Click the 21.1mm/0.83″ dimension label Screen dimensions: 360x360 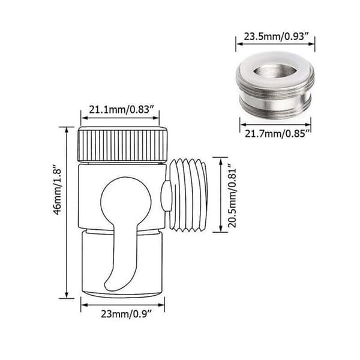[121, 110]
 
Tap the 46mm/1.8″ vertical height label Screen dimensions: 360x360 [57, 189]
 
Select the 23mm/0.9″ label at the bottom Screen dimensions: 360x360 [127, 314]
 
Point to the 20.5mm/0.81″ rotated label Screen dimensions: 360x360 [232, 195]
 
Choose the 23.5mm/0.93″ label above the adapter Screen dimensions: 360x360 [276, 37]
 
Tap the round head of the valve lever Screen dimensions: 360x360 [126, 200]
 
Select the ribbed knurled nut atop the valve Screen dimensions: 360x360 [123, 144]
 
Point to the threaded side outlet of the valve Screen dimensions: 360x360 [188, 194]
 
